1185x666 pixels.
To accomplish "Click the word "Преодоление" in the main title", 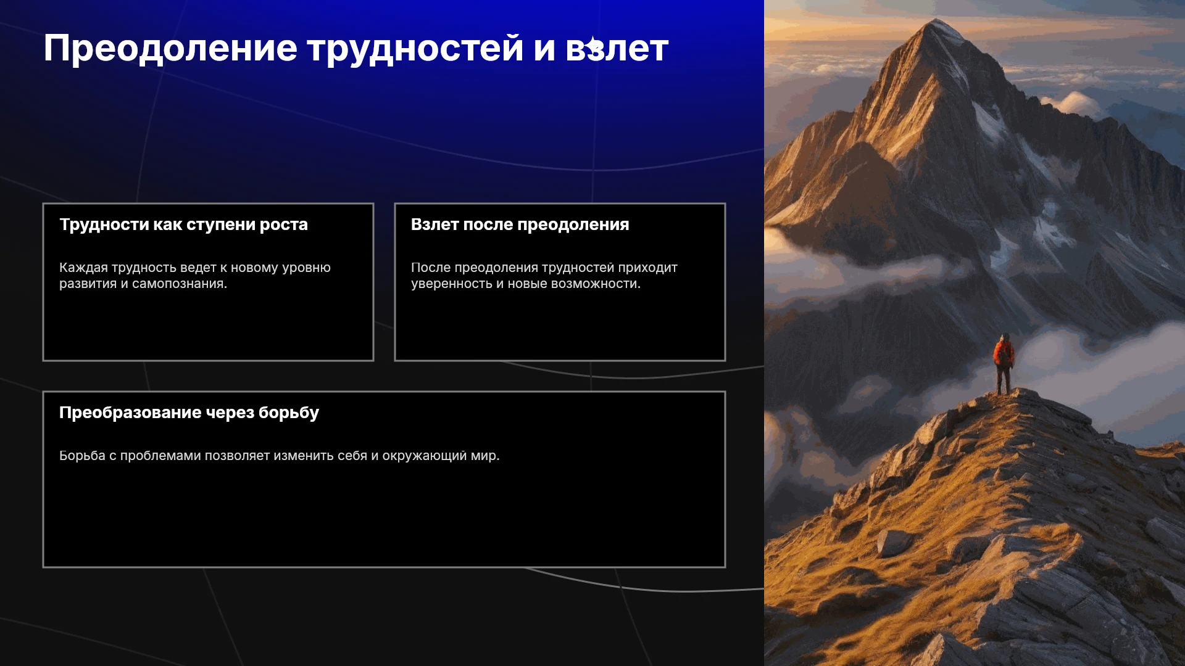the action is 170,49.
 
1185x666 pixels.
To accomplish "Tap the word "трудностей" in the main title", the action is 416,49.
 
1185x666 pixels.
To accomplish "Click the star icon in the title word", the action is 594,47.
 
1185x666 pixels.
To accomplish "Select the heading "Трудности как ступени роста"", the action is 183,224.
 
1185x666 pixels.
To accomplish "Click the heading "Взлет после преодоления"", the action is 520,224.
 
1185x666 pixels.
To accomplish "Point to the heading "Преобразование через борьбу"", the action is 189,413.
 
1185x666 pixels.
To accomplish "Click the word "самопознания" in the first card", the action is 180,284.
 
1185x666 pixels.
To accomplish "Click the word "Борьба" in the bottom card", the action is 82,456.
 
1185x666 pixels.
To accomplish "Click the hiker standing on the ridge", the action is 1004,364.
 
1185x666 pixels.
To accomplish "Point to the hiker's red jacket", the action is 1003,353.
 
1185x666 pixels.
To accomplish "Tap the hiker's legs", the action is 1004,380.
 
